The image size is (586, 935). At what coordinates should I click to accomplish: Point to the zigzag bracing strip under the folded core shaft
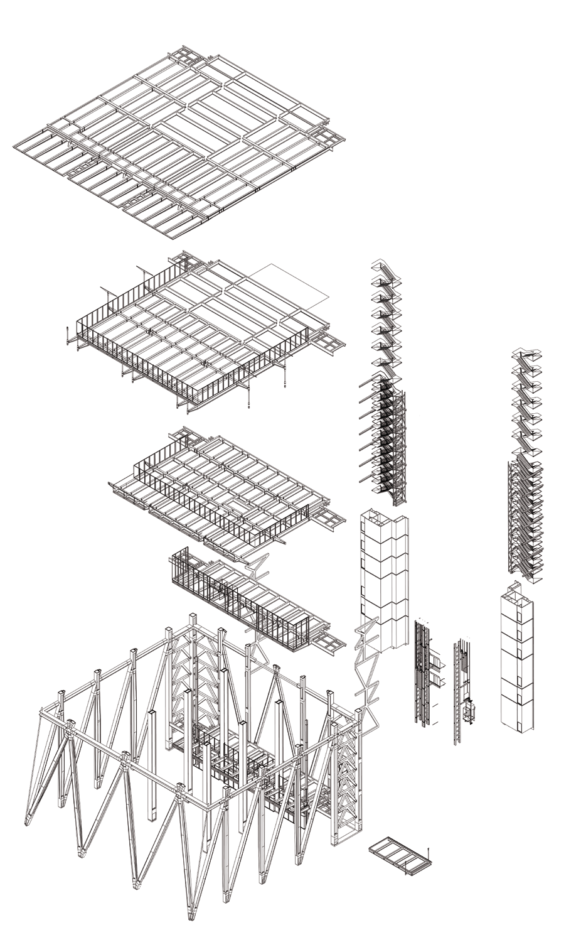point(367,684)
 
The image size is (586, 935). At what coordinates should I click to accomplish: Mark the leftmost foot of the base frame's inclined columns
point(28,823)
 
